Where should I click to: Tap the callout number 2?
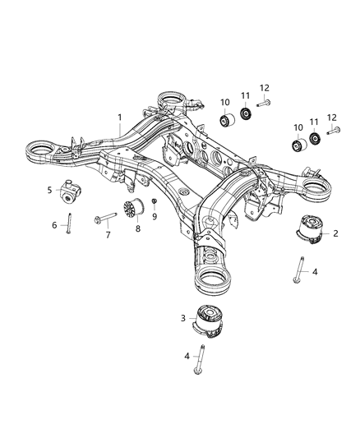(336, 233)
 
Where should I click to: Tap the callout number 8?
(138, 229)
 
